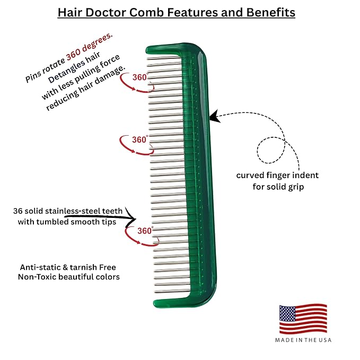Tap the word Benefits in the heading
click(271, 12)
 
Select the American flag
click(303, 319)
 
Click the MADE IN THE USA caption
click(303, 340)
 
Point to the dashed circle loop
click(271, 151)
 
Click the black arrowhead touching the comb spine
click(214, 116)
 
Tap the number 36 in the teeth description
click(17, 211)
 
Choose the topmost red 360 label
click(139, 77)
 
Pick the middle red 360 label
click(139, 139)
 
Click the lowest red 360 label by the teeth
click(145, 231)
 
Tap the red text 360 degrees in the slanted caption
click(89, 47)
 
